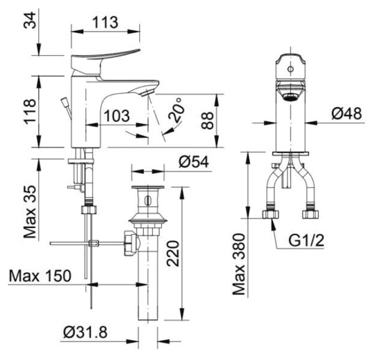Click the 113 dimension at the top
105,22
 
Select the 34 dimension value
30,20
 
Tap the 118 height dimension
30,111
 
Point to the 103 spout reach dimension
117,116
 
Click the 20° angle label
177,110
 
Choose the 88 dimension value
207,121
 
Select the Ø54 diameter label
194,162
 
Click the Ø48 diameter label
347,113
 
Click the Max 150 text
40,276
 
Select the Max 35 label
30,212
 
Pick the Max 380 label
238,265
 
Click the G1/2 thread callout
306,240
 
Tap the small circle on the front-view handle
291,69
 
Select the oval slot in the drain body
148,201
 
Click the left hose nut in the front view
270,214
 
